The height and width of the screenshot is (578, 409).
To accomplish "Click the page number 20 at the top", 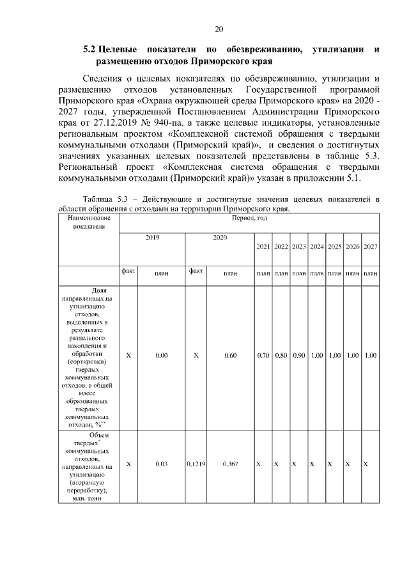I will [219, 29].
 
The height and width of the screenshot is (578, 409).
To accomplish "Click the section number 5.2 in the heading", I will [89, 49].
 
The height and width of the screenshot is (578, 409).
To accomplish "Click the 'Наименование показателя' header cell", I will [88, 222].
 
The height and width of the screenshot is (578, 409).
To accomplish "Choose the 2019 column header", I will [152, 237].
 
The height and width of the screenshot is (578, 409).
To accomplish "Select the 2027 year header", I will [370, 247].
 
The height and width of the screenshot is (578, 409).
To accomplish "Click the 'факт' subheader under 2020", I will [195, 271].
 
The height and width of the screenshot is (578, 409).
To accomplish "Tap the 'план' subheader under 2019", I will [161, 273].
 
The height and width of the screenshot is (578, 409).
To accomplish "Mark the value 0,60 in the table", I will [231, 355].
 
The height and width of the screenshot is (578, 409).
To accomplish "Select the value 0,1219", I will [195, 465].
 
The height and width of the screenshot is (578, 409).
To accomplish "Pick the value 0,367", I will [231, 465].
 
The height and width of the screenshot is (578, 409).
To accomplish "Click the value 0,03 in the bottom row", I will [161, 465].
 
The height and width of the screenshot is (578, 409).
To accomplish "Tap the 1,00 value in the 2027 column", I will [370, 355].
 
